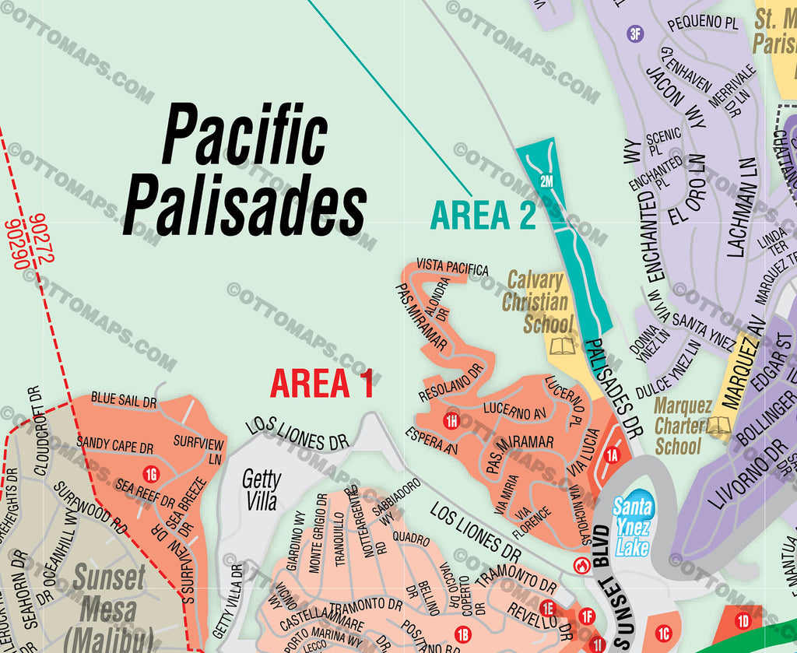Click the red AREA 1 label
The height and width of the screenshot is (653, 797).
[321, 383]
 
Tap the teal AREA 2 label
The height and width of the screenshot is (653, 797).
[483, 216]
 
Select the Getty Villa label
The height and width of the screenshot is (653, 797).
[261, 490]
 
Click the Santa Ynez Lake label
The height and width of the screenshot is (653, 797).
[632, 527]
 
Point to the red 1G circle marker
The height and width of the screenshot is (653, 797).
[152, 472]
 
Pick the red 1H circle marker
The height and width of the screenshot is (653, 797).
[451, 422]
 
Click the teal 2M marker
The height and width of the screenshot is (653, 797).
[546, 181]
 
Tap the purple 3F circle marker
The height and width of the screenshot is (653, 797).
[636, 33]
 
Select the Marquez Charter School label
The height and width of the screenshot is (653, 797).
[683, 426]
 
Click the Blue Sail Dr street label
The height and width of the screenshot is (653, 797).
[125, 400]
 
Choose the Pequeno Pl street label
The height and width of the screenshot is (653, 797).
[702, 23]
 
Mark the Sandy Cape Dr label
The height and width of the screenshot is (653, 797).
[114, 446]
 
